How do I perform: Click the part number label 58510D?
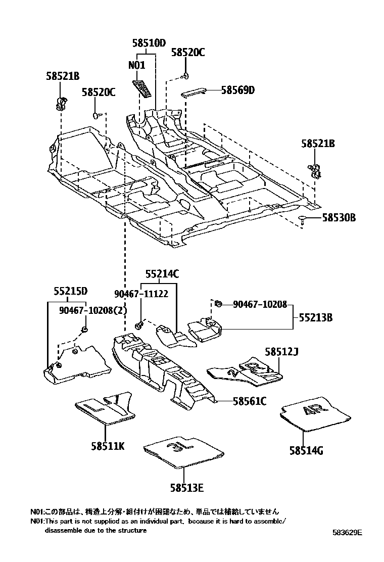(149, 43)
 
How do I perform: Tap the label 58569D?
(237, 90)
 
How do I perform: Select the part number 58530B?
(339, 218)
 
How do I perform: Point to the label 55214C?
(162, 274)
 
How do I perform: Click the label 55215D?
(71, 291)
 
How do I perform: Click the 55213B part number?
(315, 318)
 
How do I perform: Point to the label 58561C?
(250, 401)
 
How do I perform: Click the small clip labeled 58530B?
(302, 219)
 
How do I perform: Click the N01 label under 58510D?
(136, 65)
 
